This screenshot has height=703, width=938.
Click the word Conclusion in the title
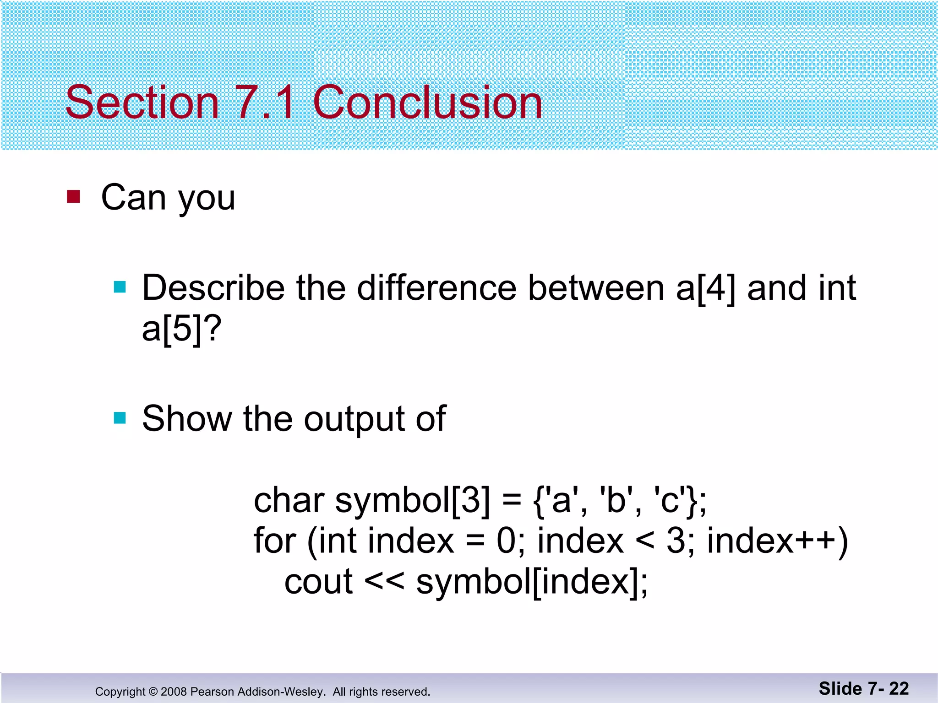427,103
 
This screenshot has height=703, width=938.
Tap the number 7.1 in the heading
265,103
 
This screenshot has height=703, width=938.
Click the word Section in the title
142,103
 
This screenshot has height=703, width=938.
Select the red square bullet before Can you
73,197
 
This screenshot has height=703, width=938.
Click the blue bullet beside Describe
120,287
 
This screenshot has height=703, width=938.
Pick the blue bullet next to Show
120,418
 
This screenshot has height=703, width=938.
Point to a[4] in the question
705,289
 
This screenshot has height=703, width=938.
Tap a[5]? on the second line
181,329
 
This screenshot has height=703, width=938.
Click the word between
595,288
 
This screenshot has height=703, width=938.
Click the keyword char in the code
289,500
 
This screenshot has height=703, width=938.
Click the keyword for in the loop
275,541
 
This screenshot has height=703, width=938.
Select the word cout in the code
318,582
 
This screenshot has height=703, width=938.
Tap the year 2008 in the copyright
174,692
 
